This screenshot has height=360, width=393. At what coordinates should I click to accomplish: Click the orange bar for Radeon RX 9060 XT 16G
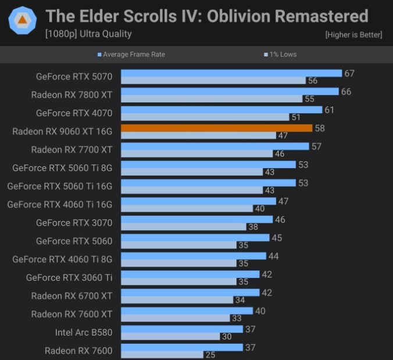[x=216, y=128]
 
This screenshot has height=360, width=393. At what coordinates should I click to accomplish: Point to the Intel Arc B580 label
[x=84, y=333]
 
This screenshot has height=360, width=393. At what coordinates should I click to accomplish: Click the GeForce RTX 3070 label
[x=74, y=223]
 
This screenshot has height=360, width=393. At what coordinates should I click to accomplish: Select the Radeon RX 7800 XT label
[x=72, y=94]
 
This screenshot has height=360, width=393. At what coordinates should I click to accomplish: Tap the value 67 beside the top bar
[x=349, y=73]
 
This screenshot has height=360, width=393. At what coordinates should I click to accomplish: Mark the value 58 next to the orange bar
[x=320, y=128]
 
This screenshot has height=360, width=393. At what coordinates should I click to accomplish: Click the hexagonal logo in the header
[x=22, y=20]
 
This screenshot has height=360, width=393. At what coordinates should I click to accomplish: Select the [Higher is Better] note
[x=353, y=35]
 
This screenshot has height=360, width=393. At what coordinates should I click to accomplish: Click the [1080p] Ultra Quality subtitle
[x=88, y=34]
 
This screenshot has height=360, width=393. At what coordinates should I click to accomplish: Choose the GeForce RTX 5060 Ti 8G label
[x=62, y=168]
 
